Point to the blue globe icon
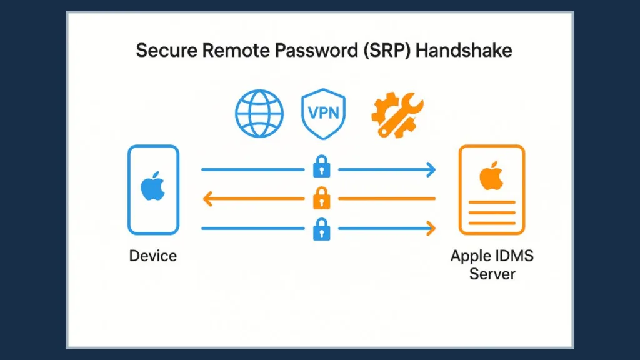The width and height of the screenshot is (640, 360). click(x=259, y=114)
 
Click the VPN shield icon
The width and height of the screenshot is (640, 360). click(x=323, y=114)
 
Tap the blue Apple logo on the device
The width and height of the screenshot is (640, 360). click(x=153, y=188)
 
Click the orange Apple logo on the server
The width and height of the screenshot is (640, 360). click(x=491, y=176)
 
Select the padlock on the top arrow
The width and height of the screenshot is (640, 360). click(x=320, y=167)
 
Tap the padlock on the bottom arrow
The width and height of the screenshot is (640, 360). click(x=320, y=229)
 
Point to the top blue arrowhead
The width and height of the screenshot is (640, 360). click(x=430, y=169)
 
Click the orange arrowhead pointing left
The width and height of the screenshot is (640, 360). click(x=208, y=199)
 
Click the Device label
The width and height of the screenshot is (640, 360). click(x=153, y=256)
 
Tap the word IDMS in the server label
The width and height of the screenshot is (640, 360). click(x=512, y=256)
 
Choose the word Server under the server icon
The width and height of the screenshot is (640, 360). click(x=492, y=274)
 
